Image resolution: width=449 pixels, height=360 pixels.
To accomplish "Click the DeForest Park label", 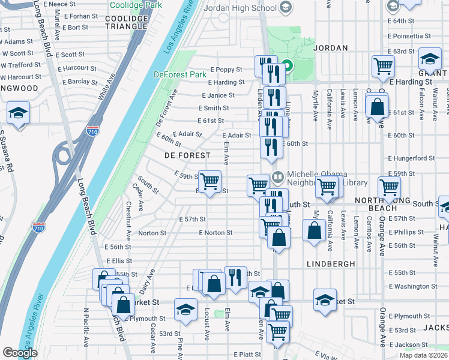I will click(x=179, y=75).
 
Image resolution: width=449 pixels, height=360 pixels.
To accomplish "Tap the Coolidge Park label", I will click(x=136, y=4).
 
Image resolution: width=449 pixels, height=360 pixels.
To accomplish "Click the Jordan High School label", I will click(x=240, y=8).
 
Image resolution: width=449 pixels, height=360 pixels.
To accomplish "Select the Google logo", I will click(x=19, y=353).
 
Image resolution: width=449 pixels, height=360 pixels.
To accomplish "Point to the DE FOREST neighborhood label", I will click(x=187, y=155).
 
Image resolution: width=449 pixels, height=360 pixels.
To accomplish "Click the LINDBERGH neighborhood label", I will click(x=330, y=263).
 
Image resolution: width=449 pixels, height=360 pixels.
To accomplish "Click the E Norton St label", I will click(x=215, y=233).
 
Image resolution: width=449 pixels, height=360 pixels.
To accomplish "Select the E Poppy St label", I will click(x=226, y=70).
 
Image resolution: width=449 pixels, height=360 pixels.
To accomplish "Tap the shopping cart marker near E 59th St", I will click(x=209, y=181).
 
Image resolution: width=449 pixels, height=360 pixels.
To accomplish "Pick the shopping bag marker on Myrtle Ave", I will click(x=315, y=230).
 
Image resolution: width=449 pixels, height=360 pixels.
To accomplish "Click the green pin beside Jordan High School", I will click(x=287, y=67).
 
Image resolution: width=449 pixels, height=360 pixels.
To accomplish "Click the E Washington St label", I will click(x=409, y=287).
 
